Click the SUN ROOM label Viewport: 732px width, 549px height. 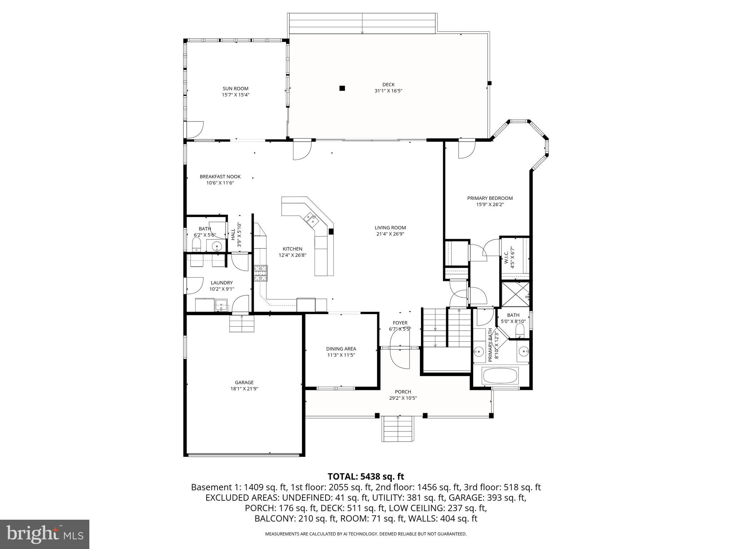coord(235,89)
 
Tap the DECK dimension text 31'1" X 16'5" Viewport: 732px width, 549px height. coord(388,91)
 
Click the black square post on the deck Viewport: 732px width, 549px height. coord(342,88)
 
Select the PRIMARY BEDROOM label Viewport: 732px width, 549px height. coord(490,198)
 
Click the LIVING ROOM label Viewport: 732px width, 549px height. coord(390,228)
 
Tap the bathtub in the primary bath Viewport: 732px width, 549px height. coord(500,376)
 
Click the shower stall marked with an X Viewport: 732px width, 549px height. coord(515,294)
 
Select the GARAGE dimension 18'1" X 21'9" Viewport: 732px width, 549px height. coord(244,389)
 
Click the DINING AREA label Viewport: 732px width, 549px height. coord(341,349)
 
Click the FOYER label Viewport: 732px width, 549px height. coord(400,323)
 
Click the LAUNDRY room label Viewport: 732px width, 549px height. coord(222,283)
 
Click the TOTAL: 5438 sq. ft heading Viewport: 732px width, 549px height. coord(366,476)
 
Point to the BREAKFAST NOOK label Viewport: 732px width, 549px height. coord(220,177)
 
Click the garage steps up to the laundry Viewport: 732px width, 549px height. coord(242,324)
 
